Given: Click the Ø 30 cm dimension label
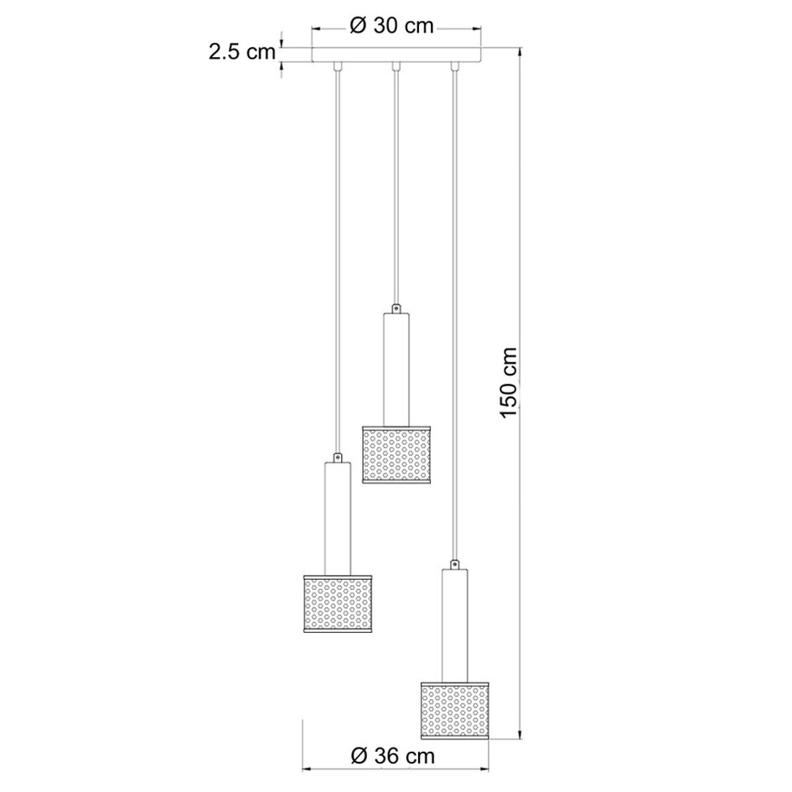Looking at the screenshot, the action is [392, 26].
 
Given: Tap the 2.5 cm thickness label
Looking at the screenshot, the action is [242, 51].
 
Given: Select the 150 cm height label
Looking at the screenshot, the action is [510, 382].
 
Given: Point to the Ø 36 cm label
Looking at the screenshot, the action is [392, 756].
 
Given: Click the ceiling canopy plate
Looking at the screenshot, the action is [396, 55].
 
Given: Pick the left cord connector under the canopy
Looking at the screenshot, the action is [338, 66].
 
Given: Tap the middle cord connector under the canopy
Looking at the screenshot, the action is [396, 66].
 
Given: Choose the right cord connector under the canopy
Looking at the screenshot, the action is [454, 66].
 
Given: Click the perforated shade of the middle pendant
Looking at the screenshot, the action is [396, 454].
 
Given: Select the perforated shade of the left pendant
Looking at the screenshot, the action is [338, 603].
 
